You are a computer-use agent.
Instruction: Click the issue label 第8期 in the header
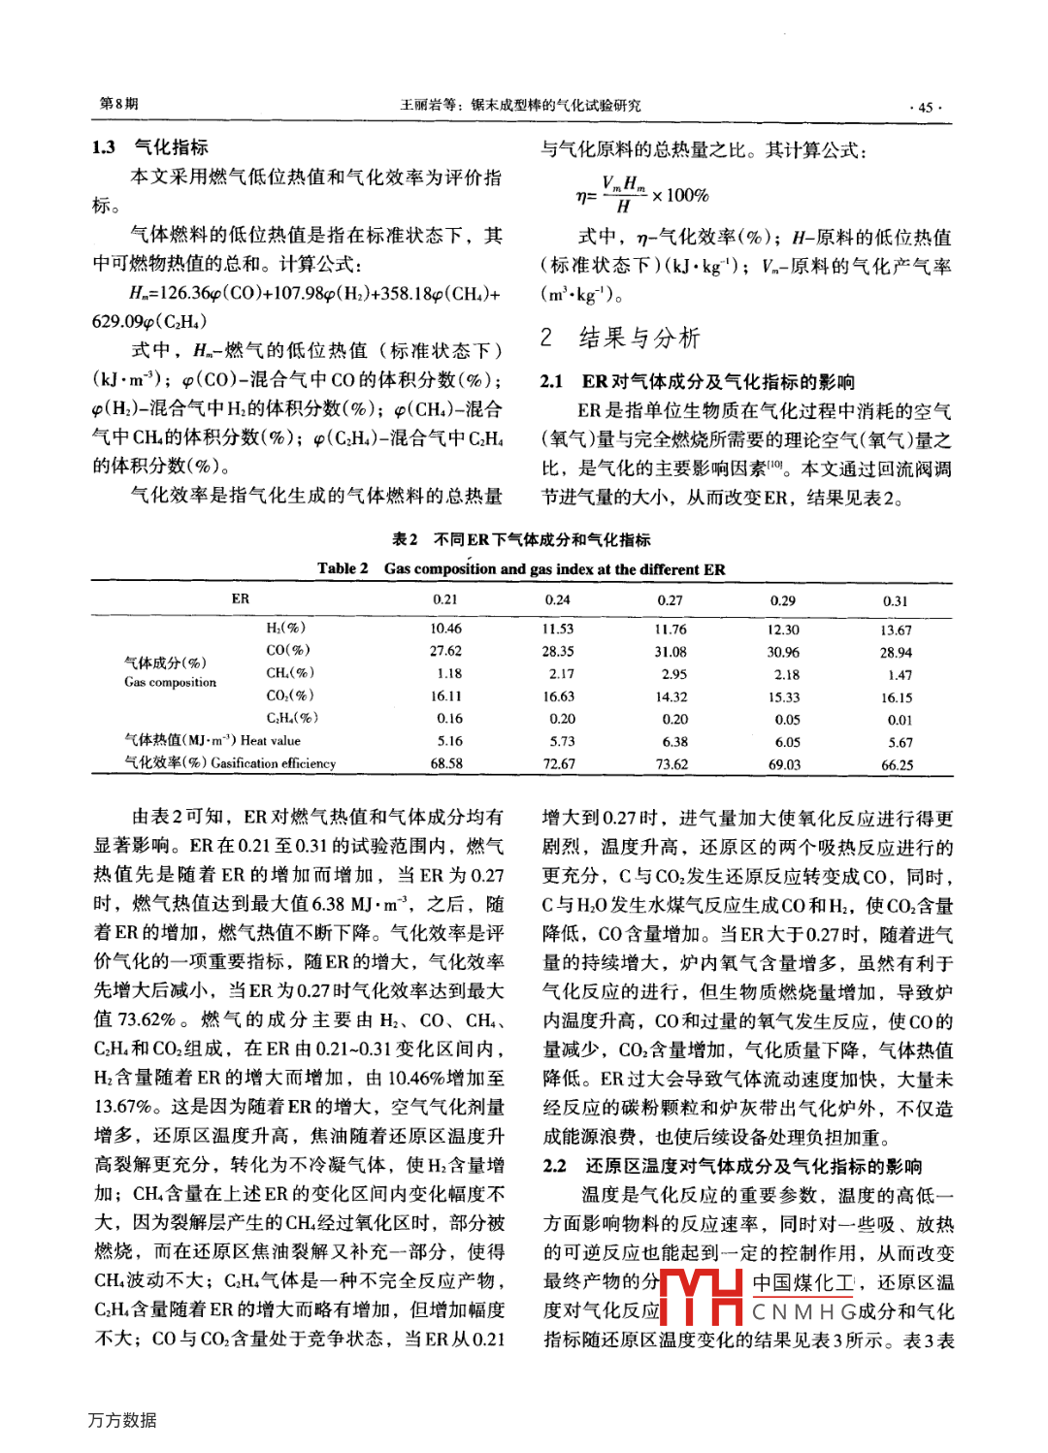(119, 104)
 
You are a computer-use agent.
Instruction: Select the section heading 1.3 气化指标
(150, 147)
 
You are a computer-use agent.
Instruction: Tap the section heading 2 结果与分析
(620, 338)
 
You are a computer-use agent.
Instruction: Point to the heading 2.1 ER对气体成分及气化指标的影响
(698, 381)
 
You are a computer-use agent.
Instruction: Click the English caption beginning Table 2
(521, 569)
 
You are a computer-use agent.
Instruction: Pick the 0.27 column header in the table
(670, 600)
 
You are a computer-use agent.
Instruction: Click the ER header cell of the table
(241, 599)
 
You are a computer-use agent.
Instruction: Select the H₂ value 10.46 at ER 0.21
(446, 629)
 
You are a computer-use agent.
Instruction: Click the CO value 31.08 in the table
(671, 652)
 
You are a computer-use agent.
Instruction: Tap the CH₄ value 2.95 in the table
(673, 674)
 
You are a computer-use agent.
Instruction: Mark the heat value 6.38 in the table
(674, 742)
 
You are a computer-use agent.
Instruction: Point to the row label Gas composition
(171, 682)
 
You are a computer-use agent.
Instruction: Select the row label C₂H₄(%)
(292, 718)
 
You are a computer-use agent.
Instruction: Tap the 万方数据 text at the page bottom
(122, 1420)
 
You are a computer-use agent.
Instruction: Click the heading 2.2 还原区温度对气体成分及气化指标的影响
(733, 1166)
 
